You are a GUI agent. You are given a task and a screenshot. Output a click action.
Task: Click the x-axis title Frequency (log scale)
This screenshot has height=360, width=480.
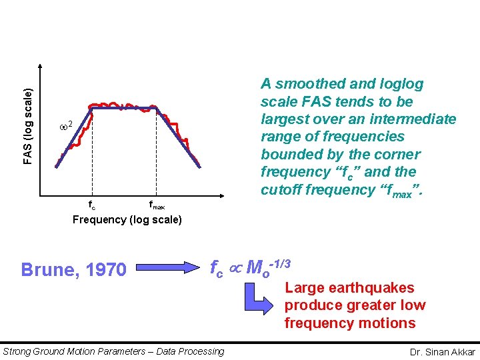127,220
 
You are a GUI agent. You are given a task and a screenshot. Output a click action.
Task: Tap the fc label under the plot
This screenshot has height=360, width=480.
92,205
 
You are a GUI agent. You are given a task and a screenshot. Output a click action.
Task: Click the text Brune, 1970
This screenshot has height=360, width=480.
73,269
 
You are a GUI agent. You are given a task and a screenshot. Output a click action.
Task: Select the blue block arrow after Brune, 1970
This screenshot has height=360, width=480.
167,269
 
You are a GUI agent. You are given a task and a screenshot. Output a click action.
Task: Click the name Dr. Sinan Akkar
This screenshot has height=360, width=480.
443,351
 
